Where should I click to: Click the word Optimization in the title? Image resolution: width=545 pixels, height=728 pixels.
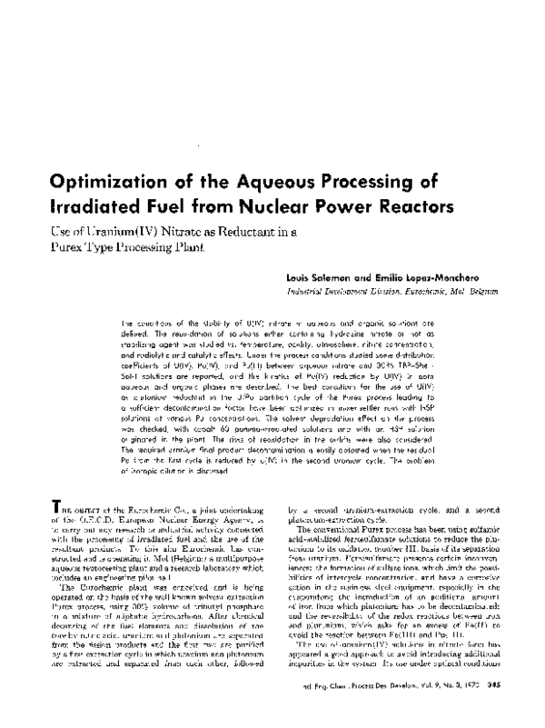click(174, 179)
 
